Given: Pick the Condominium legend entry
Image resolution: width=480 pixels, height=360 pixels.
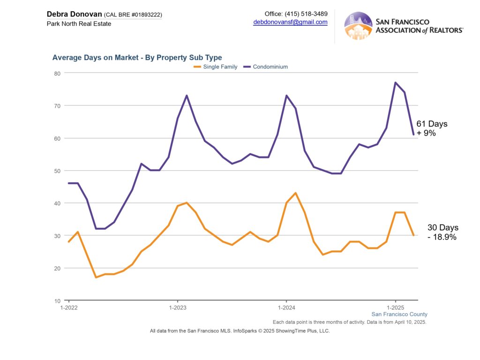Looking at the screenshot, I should (x=270, y=67).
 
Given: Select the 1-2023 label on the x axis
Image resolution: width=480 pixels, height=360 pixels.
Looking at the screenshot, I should (x=177, y=307).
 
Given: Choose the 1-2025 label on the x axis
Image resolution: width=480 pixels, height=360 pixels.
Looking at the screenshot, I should (x=395, y=307).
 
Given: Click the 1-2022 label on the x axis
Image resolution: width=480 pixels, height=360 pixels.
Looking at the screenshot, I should (x=69, y=307).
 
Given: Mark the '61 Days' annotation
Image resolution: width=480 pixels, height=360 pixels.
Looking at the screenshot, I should (x=432, y=124).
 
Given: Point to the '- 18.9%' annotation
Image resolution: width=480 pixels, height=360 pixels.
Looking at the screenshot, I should (x=442, y=237).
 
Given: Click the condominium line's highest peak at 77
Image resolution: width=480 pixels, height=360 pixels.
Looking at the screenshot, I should (x=396, y=82).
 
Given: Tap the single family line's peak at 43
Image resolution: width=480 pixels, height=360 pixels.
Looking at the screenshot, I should (x=295, y=193).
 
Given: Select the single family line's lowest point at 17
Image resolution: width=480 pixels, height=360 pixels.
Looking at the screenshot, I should (x=96, y=277).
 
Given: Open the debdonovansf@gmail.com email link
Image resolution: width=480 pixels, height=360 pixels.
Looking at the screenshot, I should (x=290, y=22).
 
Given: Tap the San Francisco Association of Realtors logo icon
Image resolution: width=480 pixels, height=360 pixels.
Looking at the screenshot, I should (x=358, y=26).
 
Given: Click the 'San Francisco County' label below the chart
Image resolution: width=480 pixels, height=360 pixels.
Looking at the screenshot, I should (x=399, y=314).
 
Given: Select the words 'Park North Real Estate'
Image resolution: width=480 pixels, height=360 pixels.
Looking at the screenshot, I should (x=79, y=23).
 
